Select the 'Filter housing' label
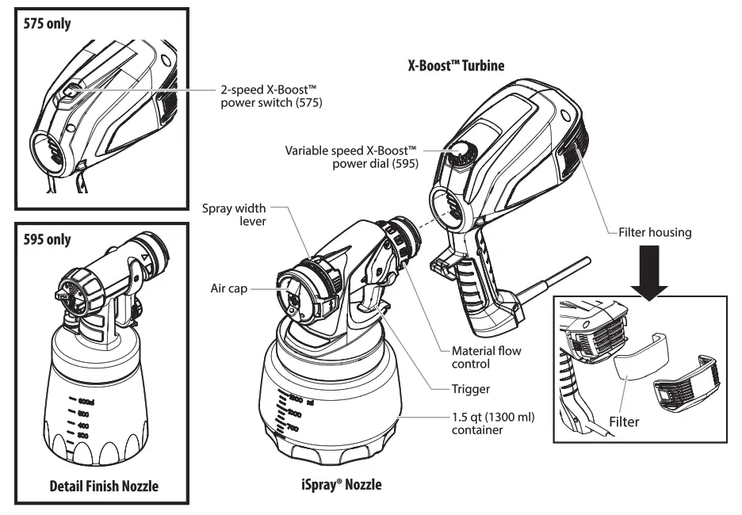(x=656, y=233)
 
